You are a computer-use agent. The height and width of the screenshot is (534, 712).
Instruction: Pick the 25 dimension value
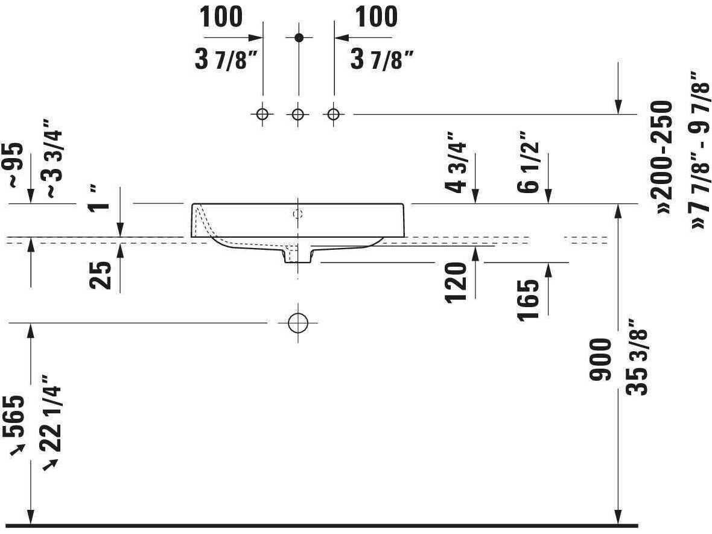pyautogui.click(x=100, y=275)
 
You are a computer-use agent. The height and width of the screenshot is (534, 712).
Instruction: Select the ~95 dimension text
pyautogui.click(x=14, y=165)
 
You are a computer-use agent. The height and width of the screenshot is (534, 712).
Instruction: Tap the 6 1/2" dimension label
pyautogui.click(x=529, y=162)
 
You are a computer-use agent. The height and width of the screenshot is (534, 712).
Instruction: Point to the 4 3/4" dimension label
pyautogui.click(x=456, y=162)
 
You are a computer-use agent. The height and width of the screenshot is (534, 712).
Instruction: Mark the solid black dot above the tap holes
pyautogui.click(x=298, y=37)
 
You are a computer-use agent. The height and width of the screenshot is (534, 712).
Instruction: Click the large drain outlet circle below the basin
pyautogui.click(x=298, y=323)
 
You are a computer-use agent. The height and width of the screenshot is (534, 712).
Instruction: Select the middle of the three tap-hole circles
pyautogui.click(x=298, y=114)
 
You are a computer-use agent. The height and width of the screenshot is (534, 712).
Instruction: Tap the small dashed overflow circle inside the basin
pyautogui.click(x=298, y=214)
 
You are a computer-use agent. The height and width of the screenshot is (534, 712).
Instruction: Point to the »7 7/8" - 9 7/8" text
pyautogui.click(x=699, y=150)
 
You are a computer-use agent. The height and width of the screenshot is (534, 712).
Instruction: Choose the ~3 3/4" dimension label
pyautogui.click(x=53, y=158)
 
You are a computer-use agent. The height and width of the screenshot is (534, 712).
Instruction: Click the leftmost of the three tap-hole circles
pyautogui.click(x=262, y=114)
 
